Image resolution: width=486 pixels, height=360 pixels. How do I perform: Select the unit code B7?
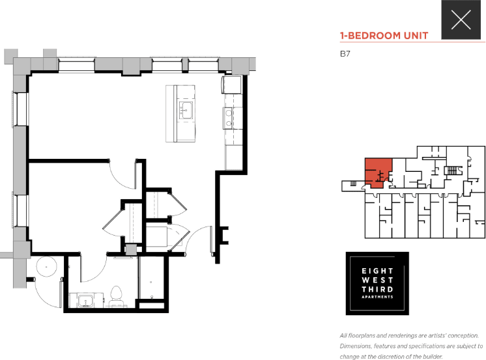coord(345,55)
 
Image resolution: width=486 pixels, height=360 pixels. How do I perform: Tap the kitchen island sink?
coord(184,109)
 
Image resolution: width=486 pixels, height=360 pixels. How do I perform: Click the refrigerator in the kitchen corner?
coord(232,85)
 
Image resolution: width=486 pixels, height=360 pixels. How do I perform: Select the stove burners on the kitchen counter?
coord(229,117)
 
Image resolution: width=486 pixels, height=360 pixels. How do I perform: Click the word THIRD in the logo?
coord(377,288)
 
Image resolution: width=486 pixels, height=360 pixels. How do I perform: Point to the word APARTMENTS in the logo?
coord(377,297)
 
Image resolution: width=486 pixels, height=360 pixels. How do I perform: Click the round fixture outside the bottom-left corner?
coord(46,267)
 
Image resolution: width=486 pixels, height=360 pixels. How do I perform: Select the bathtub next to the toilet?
coord(152,280)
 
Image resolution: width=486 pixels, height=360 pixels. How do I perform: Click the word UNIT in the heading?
coord(416,36)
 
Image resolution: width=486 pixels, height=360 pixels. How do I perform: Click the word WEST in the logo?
coord(377,279)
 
